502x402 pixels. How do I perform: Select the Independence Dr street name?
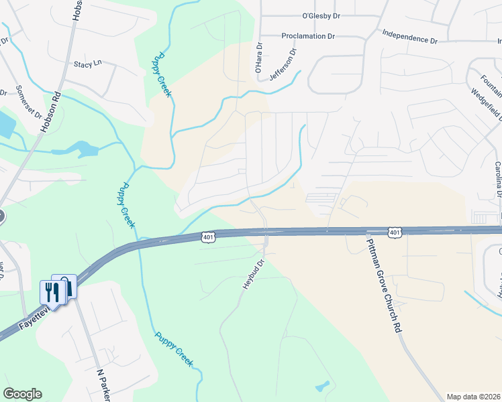(409, 36)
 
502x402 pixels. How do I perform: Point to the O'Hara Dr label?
(258, 58)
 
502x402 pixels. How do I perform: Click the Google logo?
(22, 394)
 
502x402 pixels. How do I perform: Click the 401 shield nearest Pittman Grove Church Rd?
(395, 232)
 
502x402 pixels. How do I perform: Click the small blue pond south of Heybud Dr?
(323, 387)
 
